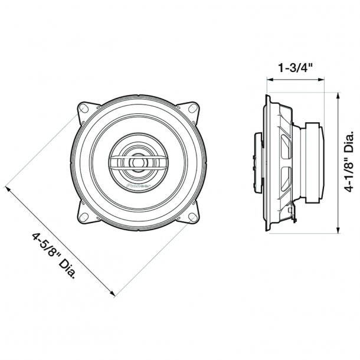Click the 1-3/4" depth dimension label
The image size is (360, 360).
tap(294, 68)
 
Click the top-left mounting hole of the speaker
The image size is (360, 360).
tap(84, 109)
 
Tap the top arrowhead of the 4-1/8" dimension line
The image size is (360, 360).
tap(337, 94)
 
